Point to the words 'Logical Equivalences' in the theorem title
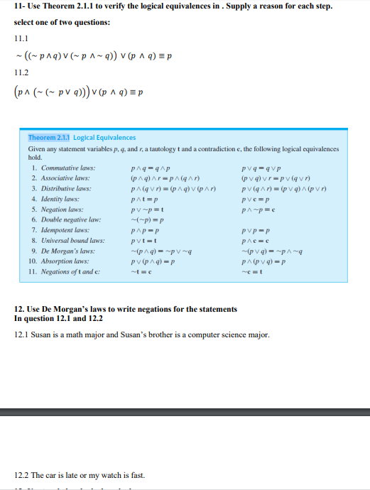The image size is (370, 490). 104,137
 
